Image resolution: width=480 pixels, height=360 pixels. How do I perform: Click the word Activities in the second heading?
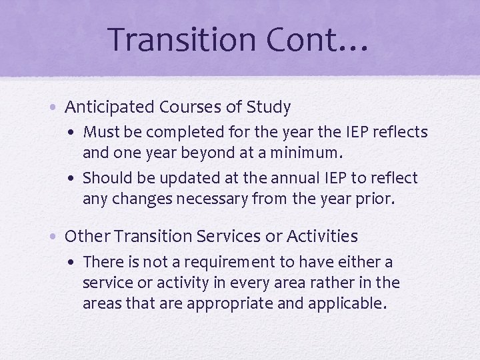[x=321, y=237]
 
